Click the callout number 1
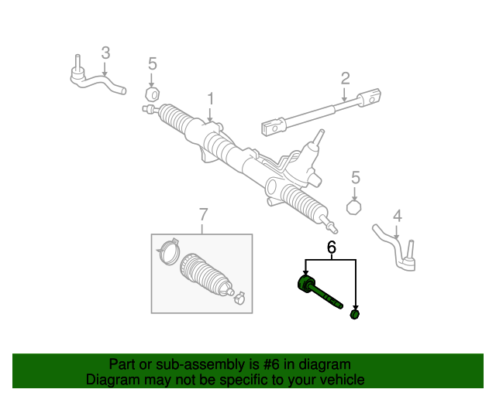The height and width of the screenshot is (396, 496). point(209,99)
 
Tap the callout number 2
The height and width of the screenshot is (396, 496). point(345,78)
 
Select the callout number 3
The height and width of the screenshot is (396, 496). point(105,53)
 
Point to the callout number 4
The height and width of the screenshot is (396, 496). point(397,216)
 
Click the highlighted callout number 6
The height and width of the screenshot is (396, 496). point(331,248)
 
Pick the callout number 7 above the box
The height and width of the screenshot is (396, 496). point(203,214)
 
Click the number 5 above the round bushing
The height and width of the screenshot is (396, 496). point(152,63)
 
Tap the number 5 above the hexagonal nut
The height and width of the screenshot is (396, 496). point(355,178)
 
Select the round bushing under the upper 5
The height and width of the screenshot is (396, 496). point(152,94)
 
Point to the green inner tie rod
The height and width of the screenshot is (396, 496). point(318,292)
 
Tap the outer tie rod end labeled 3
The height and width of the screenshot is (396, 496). point(93,80)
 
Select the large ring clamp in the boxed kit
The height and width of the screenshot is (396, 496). point(168,254)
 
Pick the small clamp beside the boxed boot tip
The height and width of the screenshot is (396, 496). point(239,296)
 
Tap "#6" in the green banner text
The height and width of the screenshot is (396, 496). point(264,364)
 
